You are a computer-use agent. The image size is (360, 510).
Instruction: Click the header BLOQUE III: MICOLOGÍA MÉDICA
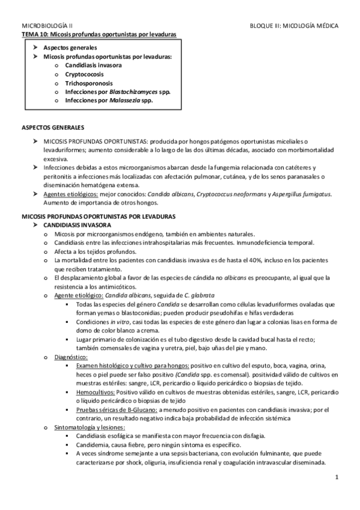(294, 27)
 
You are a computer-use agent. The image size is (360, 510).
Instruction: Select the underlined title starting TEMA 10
(99, 35)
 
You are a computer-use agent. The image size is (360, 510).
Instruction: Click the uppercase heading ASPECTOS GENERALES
(53, 128)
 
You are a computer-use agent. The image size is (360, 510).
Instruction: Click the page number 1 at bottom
(338, 478)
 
